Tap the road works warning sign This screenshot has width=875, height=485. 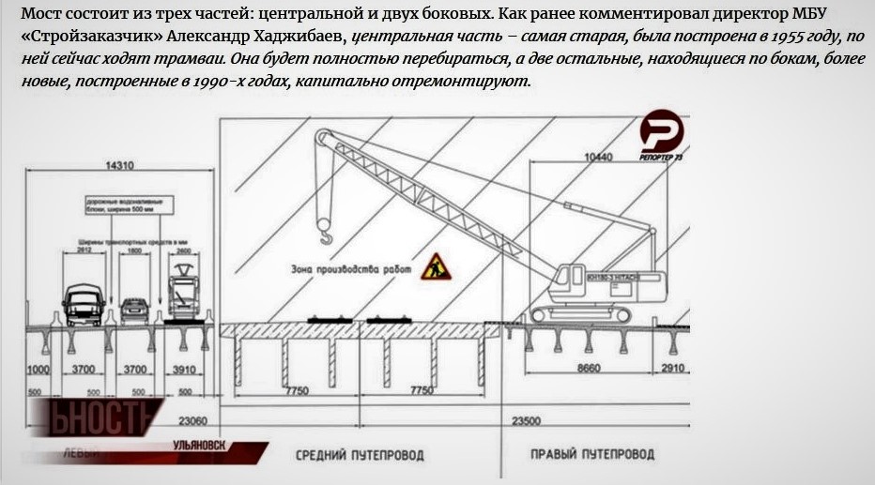click(436, 266)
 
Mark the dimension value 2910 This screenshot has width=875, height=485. click(673, 370)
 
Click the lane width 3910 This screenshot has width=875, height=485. click(182, 370)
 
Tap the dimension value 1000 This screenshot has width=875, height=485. click(38, 370)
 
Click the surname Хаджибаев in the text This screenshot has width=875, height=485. click(292, 38)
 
